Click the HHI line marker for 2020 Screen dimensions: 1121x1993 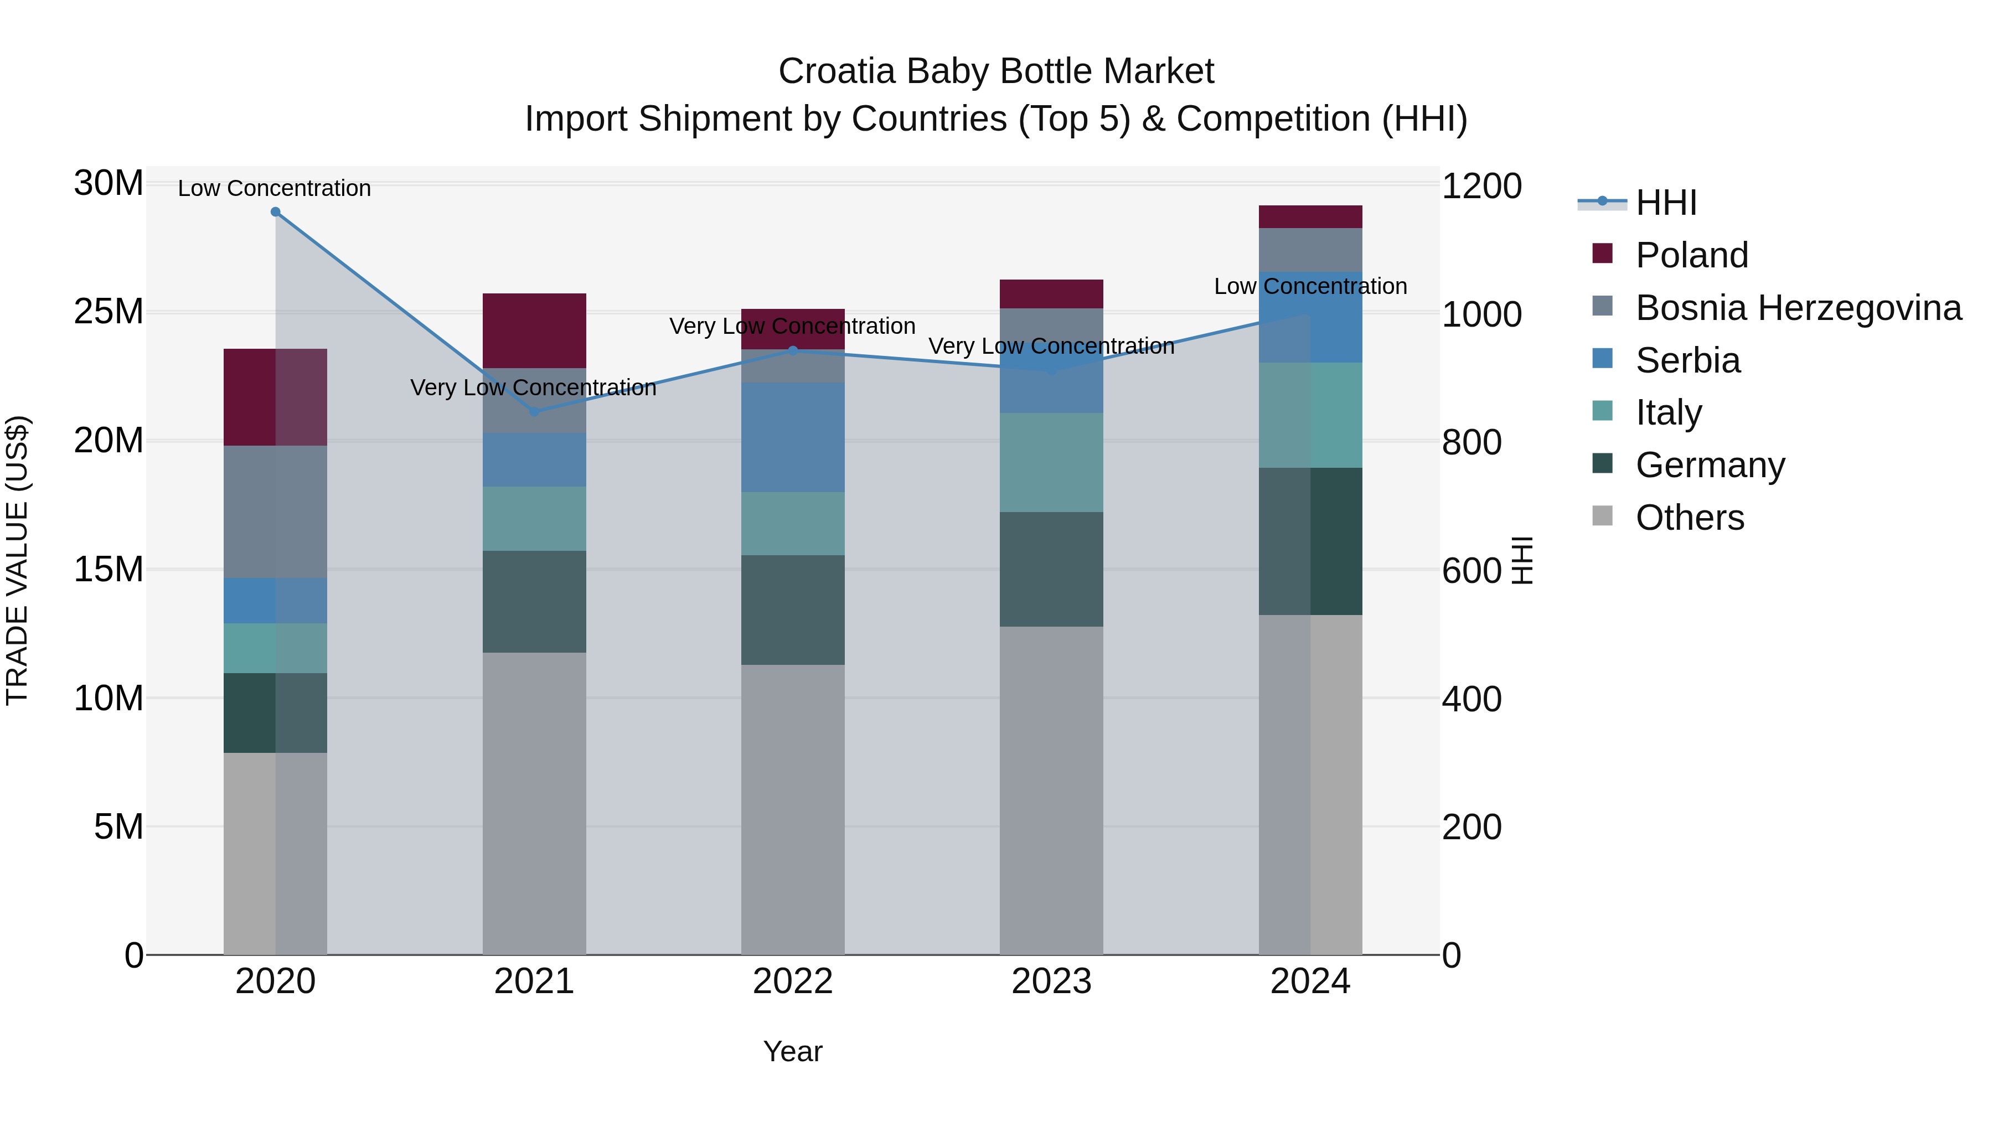[x=276, y=212]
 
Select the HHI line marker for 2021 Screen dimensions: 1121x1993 [x=534, y=411]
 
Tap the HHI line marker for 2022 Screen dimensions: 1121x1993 [x=792, y=350]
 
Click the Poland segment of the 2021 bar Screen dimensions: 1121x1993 [x=534, y=330]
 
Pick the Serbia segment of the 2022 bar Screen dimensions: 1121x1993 [x=792, y=437]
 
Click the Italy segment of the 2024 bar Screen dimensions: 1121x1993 [x=1310, y=415]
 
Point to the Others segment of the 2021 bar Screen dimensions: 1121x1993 [x=534, y=803]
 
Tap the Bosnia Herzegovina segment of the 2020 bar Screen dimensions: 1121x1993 [x=276, y=512]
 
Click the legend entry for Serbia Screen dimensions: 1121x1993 [x=1687, y=360]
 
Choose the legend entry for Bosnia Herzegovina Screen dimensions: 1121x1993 [x=1798, y=308]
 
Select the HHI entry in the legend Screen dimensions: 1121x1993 [x=1666, y=203]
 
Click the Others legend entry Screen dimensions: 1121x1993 [x=1689, y=518]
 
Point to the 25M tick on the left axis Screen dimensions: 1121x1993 [x=109, y=312]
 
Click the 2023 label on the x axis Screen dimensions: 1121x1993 [x=1051, y=981]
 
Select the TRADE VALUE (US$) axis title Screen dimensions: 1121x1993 [x=17, y=560]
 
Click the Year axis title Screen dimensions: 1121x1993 [x=792, y=1051]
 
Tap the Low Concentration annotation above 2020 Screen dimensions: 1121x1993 [x=275, y=188]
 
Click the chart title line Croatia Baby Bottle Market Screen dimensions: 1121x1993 [x=996, y=71]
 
